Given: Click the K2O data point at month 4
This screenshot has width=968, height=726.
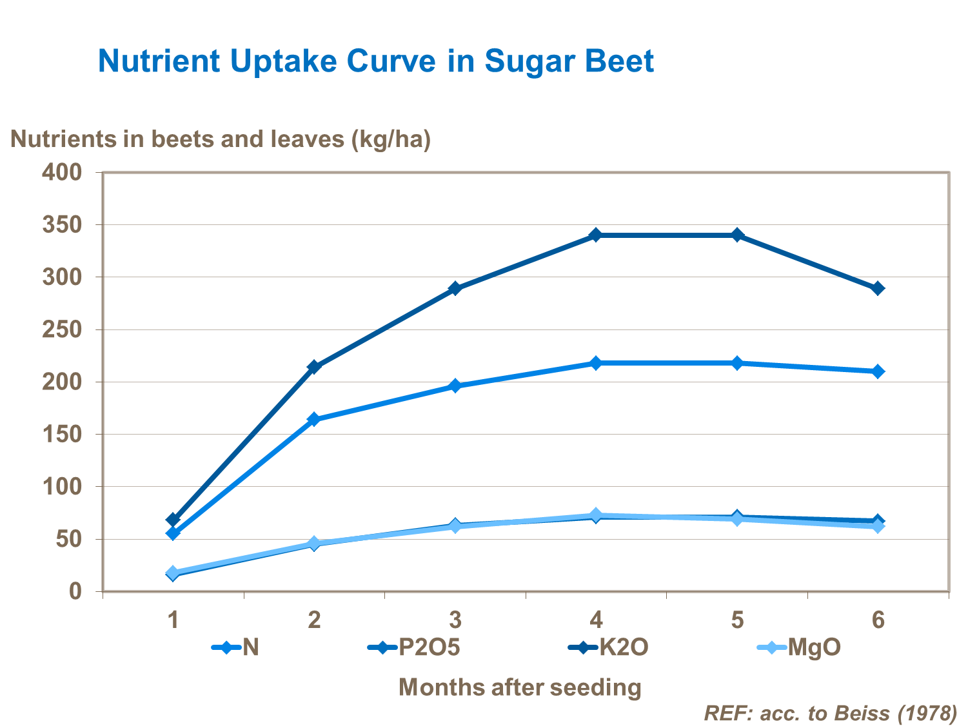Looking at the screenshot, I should (596, 235).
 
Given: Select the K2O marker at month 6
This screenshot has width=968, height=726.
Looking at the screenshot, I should (878, 288).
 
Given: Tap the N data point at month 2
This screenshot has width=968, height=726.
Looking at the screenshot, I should (314, 420).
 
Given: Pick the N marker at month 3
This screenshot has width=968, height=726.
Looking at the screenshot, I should (455, 386).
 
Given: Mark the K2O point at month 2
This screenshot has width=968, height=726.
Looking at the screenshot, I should (314, 367).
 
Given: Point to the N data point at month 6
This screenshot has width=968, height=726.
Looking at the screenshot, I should (878, 371).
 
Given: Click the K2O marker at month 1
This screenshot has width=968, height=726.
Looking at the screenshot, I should (173, 520).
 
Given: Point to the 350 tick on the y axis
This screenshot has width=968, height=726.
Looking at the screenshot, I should (62, 224).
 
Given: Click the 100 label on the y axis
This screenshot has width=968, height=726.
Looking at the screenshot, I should (62, 486).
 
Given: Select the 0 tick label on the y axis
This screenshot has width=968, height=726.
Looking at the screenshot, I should (75, 591).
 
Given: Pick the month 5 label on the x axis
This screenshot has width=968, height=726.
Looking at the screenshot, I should (737, 620).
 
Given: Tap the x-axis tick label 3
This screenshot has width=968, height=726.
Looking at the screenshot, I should (455, 620).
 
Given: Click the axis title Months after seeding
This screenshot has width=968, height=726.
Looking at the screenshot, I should (520, 687).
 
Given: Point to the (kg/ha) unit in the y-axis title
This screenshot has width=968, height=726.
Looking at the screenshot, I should (391, 139).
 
